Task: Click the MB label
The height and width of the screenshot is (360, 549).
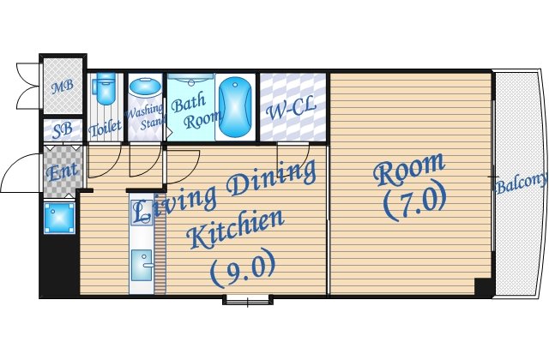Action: coord(63,87)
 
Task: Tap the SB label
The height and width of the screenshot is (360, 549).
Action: coord(63,129)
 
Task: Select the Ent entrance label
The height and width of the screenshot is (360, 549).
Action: coord(62,171)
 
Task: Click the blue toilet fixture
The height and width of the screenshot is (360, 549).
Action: coord(105,87)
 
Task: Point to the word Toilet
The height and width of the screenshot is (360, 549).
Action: coord(105,128)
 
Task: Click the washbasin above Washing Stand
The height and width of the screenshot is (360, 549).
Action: coord(145,87)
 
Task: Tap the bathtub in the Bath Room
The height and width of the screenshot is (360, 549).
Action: coord(235,107)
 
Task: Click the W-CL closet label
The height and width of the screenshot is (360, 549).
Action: coord(292,108)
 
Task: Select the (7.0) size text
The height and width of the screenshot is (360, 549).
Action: coord(415,201)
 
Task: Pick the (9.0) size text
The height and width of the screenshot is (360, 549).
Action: coord(242,268)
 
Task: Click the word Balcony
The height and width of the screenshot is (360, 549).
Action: coord(522,183)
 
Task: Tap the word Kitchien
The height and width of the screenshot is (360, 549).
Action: coord(235,229)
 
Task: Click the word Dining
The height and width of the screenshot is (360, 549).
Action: coord(270,178)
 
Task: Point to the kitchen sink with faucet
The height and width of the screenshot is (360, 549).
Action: coord(142,265)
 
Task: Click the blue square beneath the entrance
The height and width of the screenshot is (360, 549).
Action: coord(59,218)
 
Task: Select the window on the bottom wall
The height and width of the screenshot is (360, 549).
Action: coord(248,300)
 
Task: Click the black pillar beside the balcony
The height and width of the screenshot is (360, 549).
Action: coord(484,288)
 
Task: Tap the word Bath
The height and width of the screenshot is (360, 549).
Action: coord(189,103)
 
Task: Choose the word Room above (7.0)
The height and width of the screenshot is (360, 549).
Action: coord(409,169)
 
